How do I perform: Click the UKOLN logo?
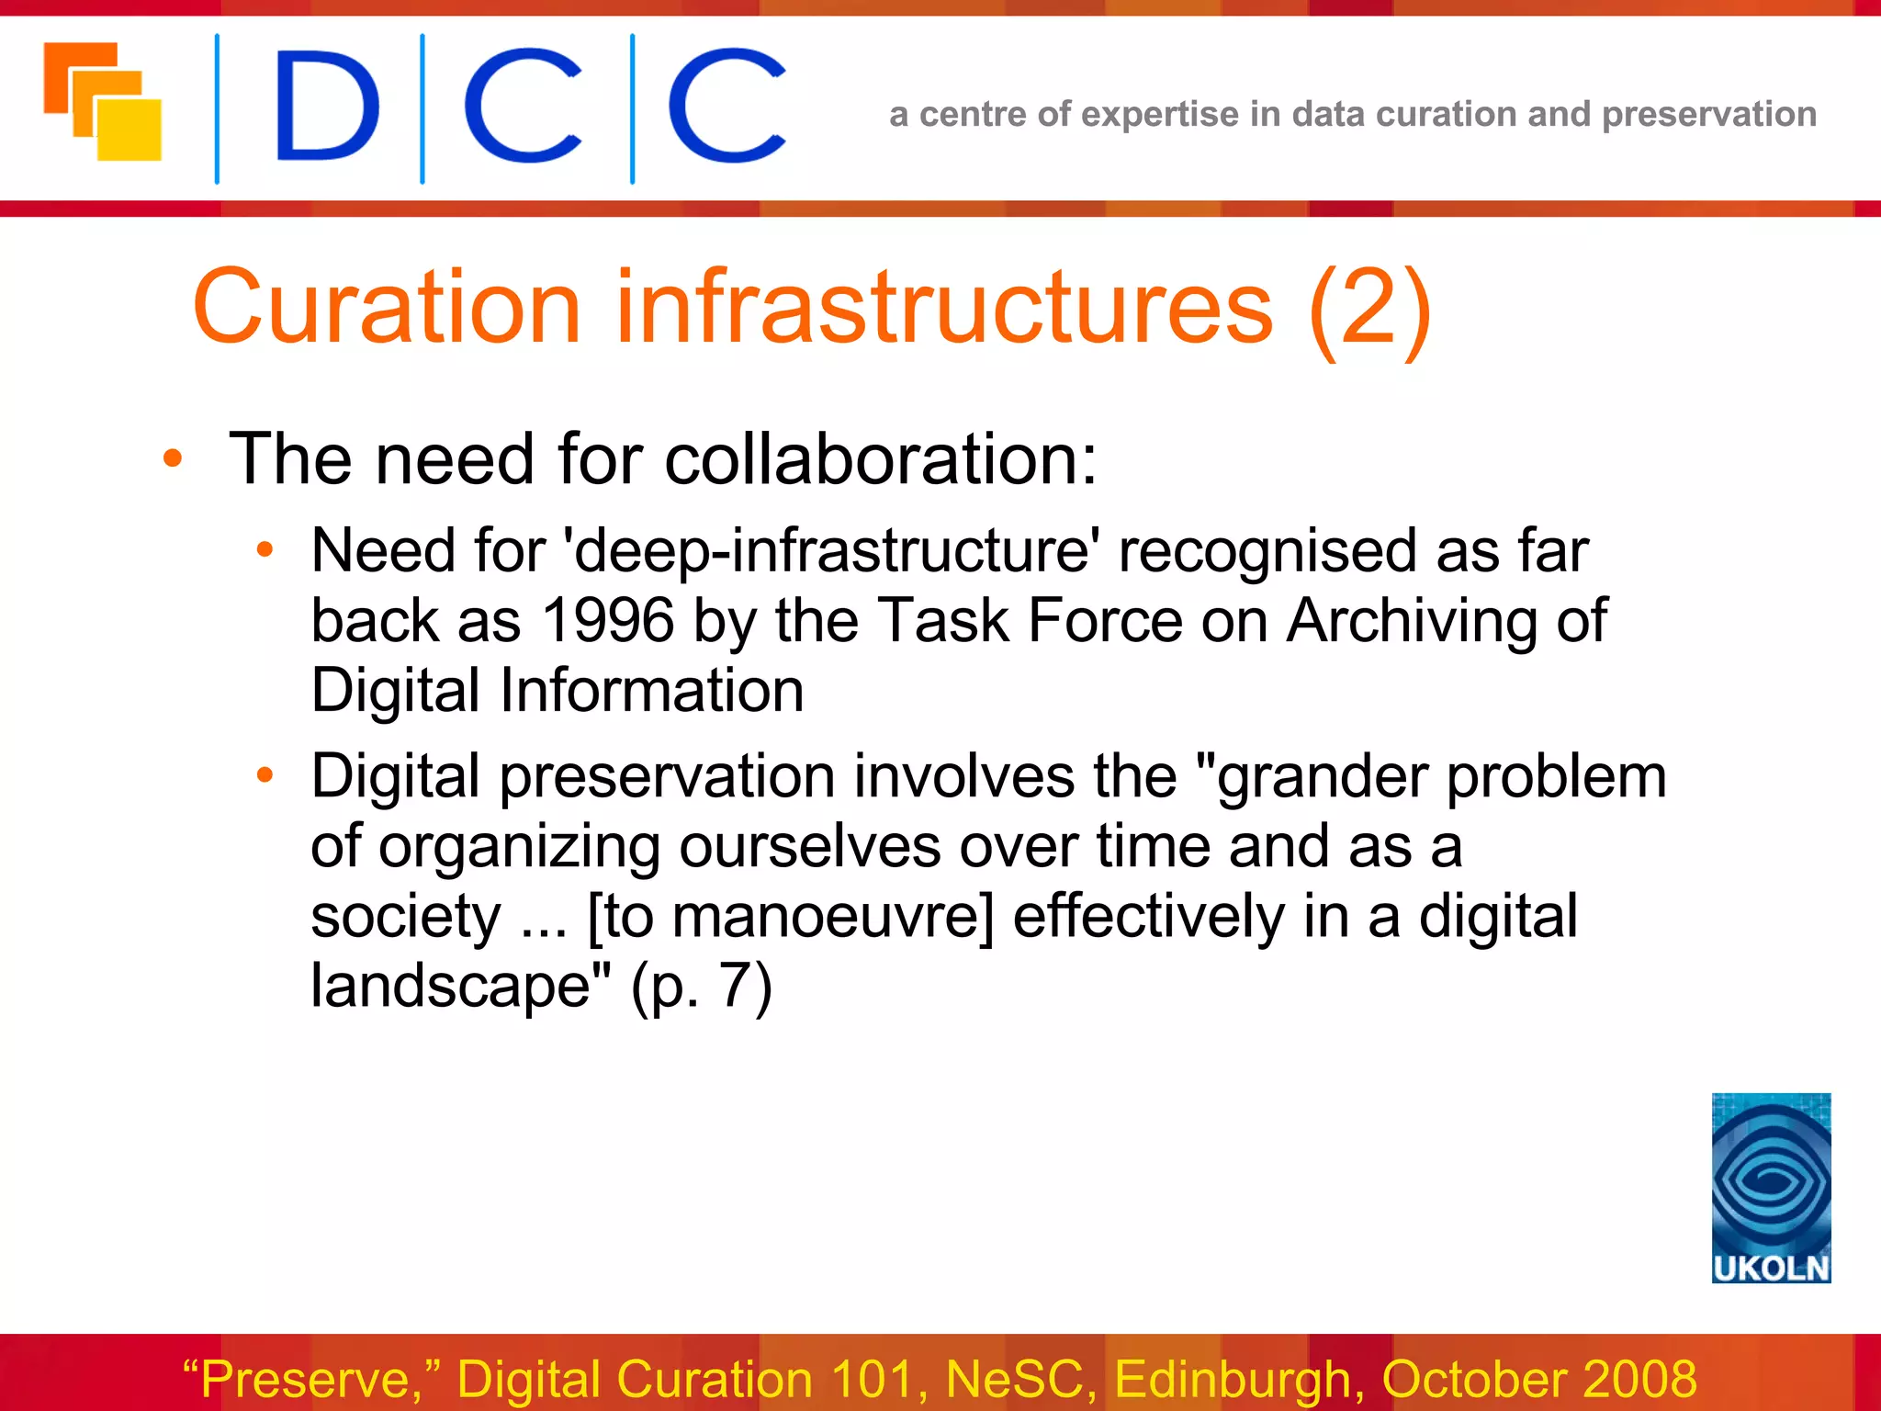point(1771,1187)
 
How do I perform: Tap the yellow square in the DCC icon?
point(130,130)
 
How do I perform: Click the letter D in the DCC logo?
point(327,107)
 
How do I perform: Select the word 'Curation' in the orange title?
point(387,308)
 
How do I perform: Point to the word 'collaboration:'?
point(880,458)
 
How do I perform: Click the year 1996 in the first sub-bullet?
point(608,620)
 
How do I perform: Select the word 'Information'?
point(651,690)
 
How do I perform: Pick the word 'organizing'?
point(520,847)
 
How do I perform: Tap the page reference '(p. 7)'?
point(702,986)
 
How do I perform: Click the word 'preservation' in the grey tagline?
point(1708,115)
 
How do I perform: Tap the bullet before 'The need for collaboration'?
point(172,458)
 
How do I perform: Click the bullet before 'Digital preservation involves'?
point(265,776)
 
